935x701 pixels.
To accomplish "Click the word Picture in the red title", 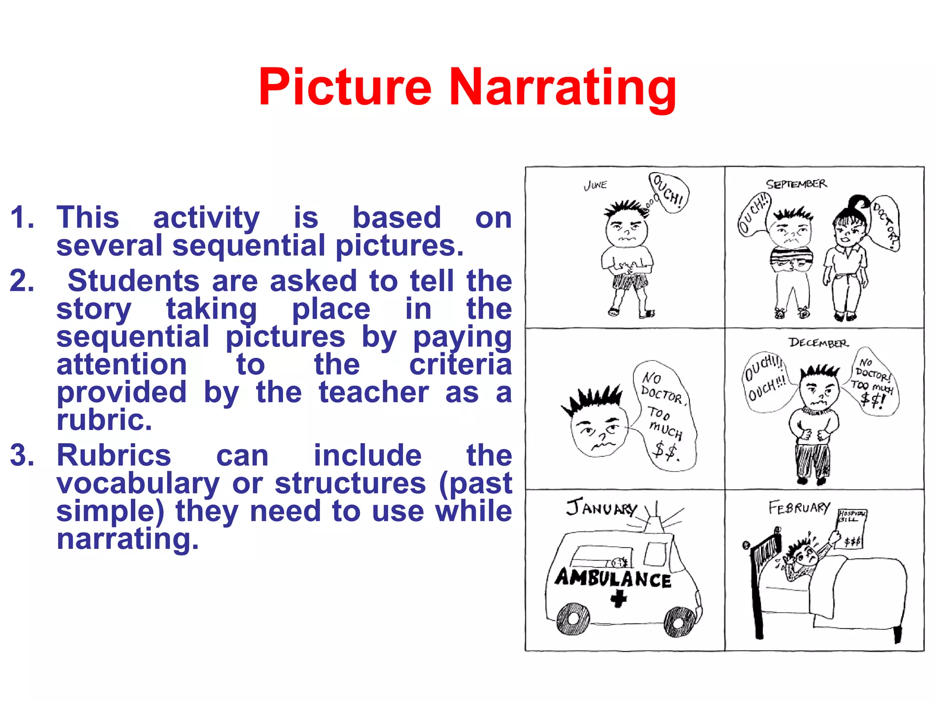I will point(345,87).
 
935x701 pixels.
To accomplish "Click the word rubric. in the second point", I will point(104,420).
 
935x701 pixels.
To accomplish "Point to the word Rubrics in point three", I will point(114,455).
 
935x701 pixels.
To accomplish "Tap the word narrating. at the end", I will point(128,539).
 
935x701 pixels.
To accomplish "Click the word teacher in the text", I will point(373,392).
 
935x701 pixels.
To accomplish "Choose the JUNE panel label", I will point(595,185).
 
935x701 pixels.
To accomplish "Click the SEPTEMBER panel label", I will point(796,184).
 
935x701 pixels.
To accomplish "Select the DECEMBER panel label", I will point(818,343).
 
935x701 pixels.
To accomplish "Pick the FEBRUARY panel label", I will point(799,507).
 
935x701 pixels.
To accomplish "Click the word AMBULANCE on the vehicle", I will point(613,578).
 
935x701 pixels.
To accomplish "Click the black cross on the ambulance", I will point(619,598).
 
